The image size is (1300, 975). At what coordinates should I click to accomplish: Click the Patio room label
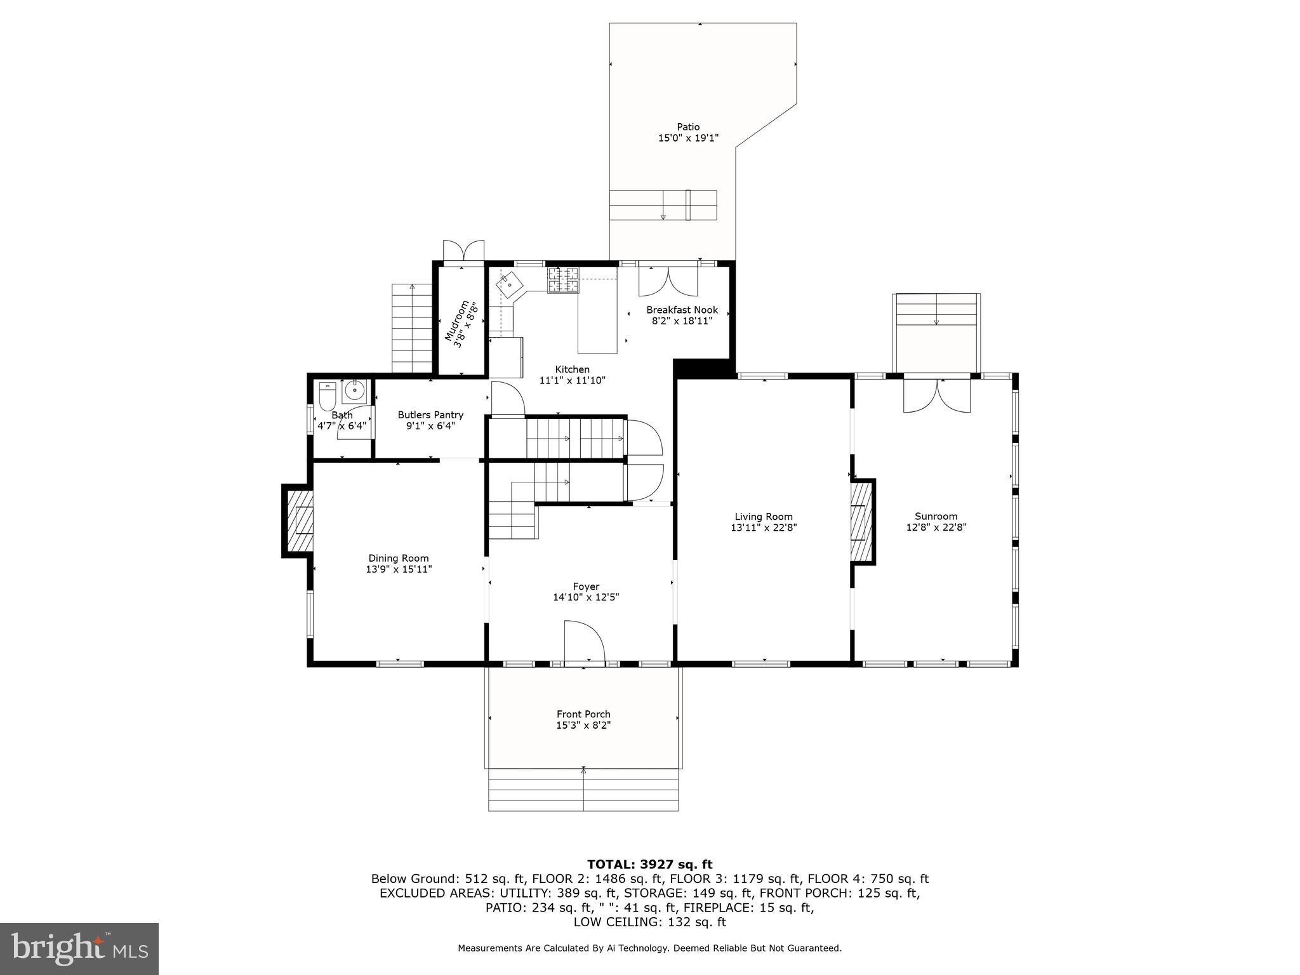click(x=688, y=127)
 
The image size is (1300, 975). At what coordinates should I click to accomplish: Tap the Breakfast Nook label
click(x=682, y=310)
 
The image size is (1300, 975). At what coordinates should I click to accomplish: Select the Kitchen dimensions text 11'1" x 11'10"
click(x=573, y=380)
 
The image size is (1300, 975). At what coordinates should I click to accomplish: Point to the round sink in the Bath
click(x=354, y=390)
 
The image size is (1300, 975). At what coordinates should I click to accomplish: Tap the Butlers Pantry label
click(x=431, y=415)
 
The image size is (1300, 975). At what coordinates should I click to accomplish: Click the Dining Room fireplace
click(x=298, y=521)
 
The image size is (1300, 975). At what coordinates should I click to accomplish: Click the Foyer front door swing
click(x=585, y=642)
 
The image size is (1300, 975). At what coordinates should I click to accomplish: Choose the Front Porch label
click(x=583, y=714)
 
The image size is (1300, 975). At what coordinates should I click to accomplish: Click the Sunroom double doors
click(x=937, y=395)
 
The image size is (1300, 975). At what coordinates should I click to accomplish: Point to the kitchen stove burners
click(x=564, y=280)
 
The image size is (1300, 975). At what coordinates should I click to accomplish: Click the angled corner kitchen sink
click(x=510, y=285)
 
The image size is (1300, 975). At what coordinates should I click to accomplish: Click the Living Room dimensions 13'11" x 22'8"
click(x=764, y=527)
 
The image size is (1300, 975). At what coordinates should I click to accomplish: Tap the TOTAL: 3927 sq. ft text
click(x=649, y=864)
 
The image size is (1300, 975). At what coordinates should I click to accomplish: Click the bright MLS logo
click(x=79, y=948)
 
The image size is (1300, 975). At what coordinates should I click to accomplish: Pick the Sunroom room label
click(x=936, y=516)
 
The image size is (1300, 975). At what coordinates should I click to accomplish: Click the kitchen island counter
click(x=597, y=310)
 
